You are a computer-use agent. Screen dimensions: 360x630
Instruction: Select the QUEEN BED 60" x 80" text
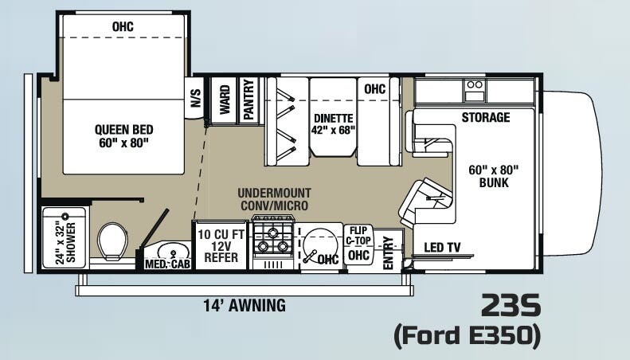click(123, 136)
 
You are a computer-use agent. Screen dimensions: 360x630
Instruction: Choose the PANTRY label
click(248, 100)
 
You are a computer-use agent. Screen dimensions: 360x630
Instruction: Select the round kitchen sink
click(318, 242)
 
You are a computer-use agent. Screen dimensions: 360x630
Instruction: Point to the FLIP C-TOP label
click(358, 235)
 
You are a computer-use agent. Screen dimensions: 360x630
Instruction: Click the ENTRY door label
click(389, 252)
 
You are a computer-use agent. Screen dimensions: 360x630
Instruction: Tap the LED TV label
click(442, 247)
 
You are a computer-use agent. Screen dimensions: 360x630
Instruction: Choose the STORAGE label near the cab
click(485, 118)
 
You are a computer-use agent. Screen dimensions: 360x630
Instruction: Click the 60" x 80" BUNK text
click(495, 176)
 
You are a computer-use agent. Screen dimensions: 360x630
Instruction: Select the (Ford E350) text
click(468, 336)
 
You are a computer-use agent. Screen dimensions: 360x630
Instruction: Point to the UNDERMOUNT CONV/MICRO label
click(275, 199)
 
